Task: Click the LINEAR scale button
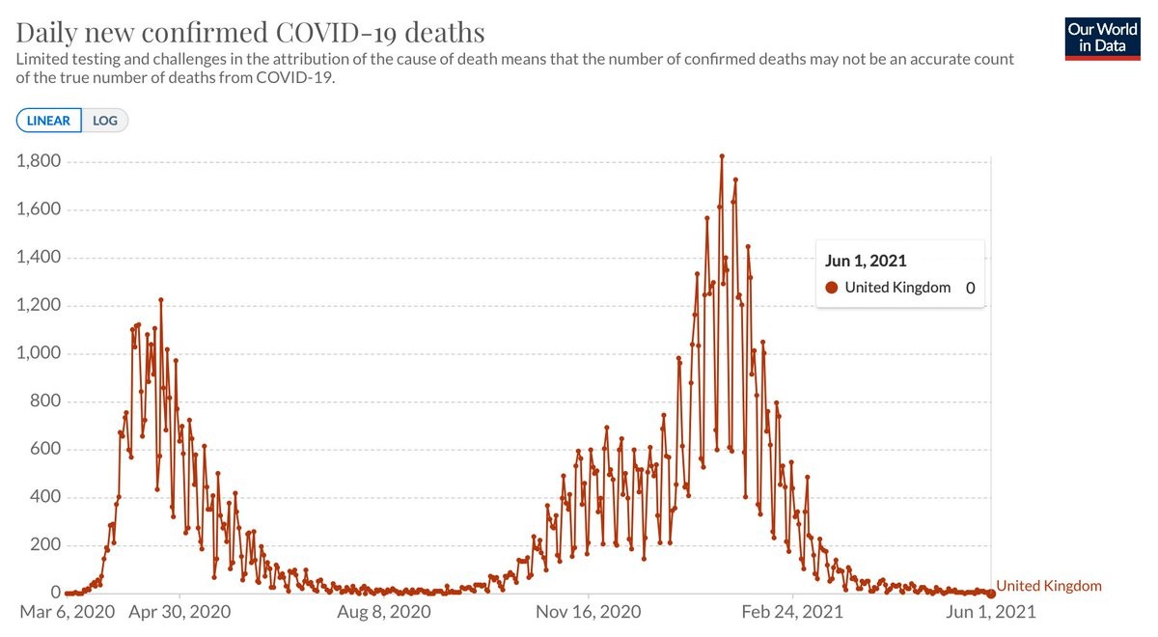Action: (48, 121)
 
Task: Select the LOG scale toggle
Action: (104, 121)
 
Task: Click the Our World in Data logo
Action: (1102, 38)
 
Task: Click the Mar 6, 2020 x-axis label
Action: (68, 612)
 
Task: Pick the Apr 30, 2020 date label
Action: (179, 612)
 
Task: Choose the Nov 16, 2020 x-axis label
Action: (587, 612)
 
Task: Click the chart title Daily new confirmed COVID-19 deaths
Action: (250, 32)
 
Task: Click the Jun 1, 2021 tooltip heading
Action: (866, 261)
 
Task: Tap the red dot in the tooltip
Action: (832, 288)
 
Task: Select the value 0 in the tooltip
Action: (970, 288)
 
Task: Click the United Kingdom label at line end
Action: (1049, 586)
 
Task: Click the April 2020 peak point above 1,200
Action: (161, 300)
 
